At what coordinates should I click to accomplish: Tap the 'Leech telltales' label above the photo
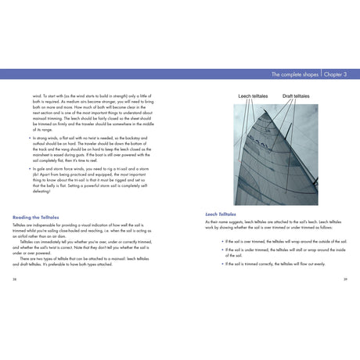coord(254,95)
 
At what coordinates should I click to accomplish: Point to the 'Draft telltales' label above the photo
coord(296,95)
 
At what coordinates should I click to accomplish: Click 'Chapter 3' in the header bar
coord(333,74)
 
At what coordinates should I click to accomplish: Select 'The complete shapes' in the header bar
coord(291,74)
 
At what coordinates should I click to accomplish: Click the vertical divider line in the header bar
coord(321,74)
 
